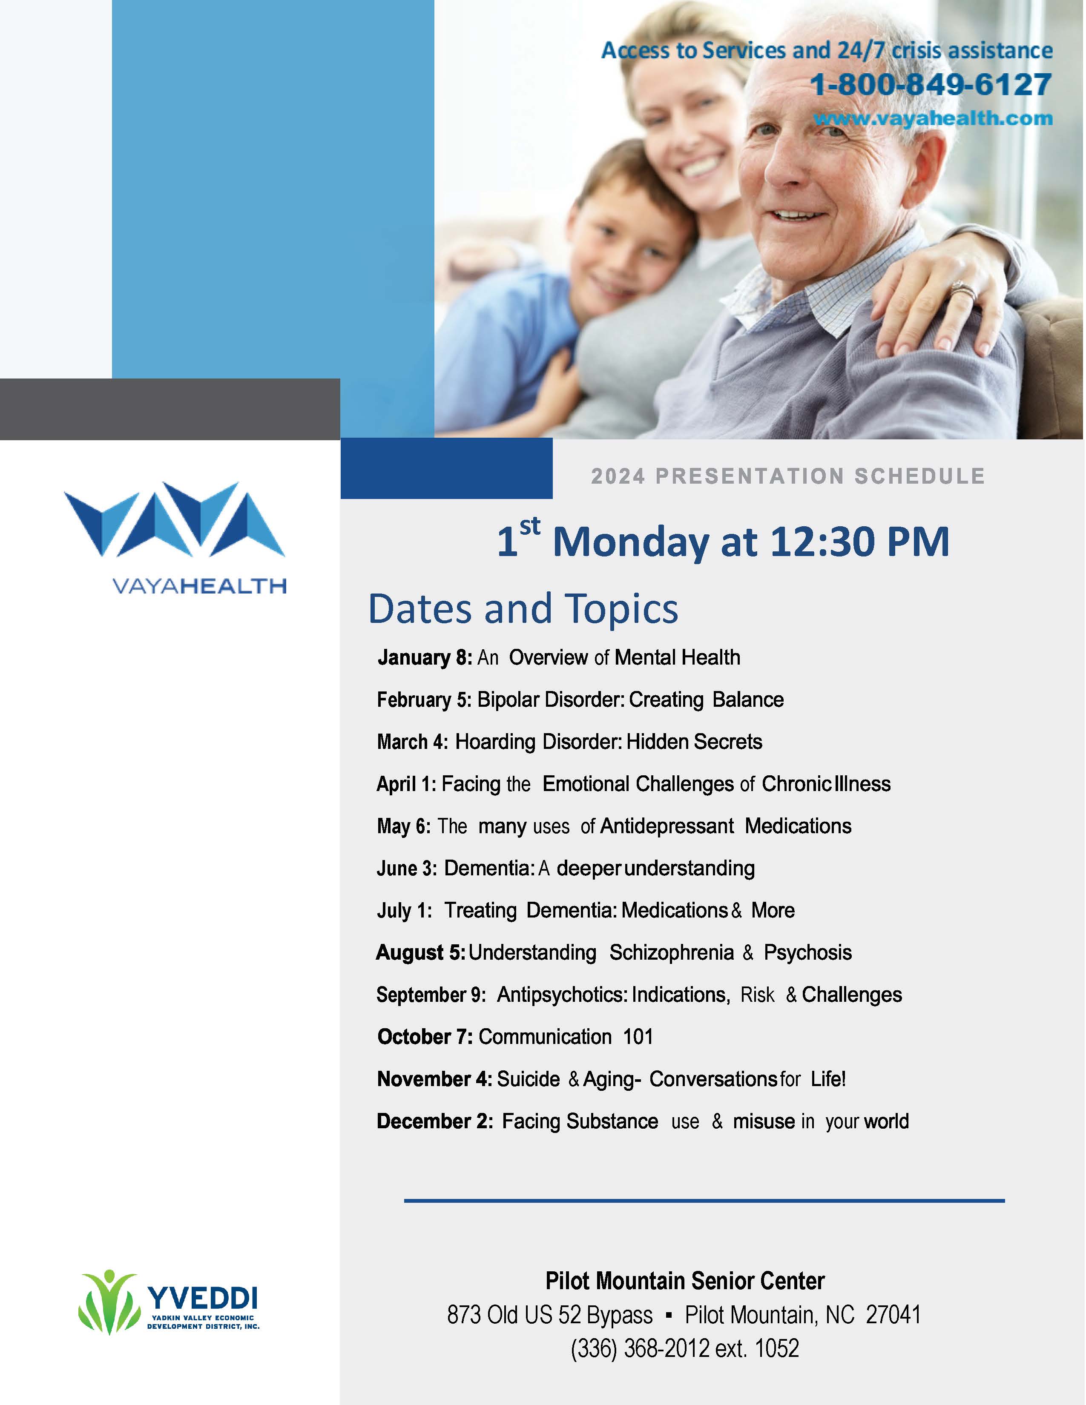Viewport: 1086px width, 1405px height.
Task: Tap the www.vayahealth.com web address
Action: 933,118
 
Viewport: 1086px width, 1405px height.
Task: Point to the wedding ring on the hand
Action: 963,293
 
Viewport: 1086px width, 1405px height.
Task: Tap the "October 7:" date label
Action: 425,1037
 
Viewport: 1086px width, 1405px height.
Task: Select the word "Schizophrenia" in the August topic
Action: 672,953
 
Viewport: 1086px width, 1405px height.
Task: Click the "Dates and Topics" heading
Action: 523,608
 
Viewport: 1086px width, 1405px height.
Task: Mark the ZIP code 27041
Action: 894,1315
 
